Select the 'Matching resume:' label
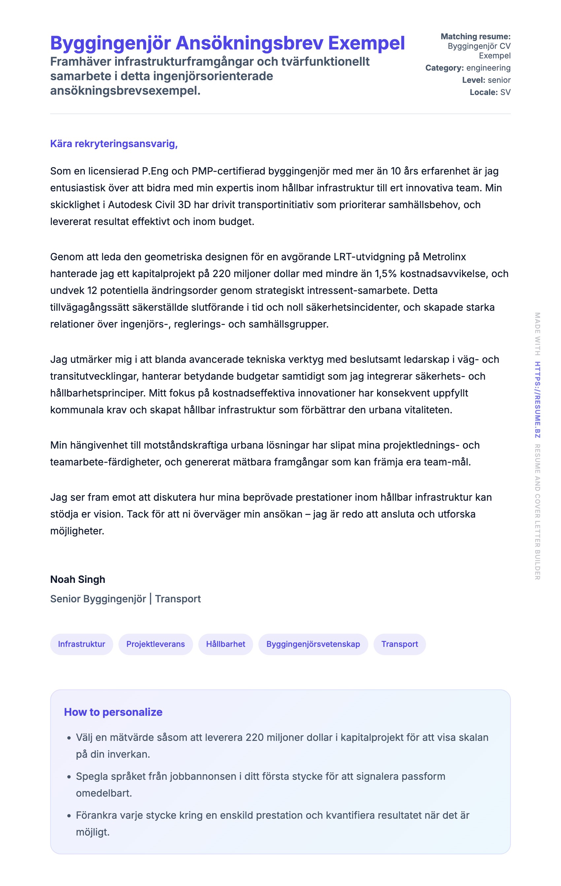pyautogui.click(x=475, y=36)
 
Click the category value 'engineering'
pyautogui.click(x=488, y=68)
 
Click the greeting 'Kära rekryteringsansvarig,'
pyautogui.click(x=114, y=143)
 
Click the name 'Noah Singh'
pyautogui.click(x=78, y=579)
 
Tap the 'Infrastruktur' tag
pyautogui.click(x=82, y=644)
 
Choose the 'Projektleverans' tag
pyautogui.click(x=155, y=644)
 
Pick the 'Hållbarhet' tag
pyautogui.click(x=225, y=644)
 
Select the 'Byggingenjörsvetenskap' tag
pyautogui.click(x=313, y=644)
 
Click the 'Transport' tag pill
pyautogui.click(x=399, y=644)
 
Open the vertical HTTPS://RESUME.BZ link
pyautogui.click(x=538, y=399)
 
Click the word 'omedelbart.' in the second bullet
pyautogui.click(x=104, y=793)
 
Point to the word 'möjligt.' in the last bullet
pyautogui.click(x=93, y=832)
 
